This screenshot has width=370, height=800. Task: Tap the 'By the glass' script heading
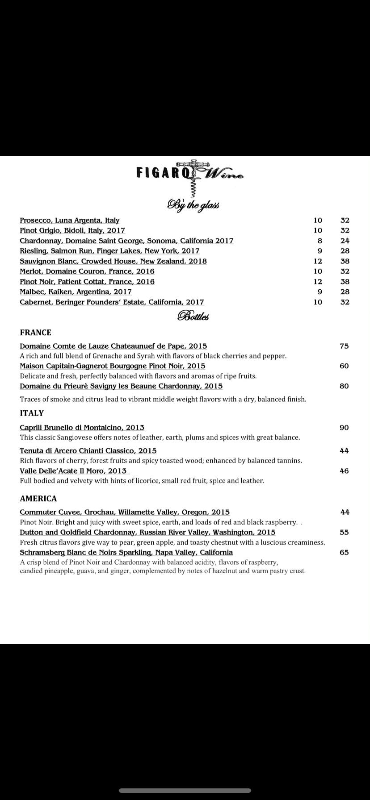click(193, 205)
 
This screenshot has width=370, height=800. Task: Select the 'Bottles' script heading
click(193, 317)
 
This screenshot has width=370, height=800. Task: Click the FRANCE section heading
click(36, 333)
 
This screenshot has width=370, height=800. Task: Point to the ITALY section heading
click(32, 413)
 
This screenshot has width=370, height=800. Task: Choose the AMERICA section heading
click(38, 499)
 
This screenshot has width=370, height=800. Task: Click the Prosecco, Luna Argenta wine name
click(70, 220)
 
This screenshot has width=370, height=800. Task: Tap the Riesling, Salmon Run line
click(109, 251)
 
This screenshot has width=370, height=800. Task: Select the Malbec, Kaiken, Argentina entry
click(76, 292)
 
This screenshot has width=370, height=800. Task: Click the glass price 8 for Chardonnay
click(320, 241)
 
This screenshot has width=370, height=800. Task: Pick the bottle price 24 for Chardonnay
click(345, 241)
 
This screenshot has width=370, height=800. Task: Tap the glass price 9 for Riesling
click(320, 251)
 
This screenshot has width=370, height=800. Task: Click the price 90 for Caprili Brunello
click(344, 428)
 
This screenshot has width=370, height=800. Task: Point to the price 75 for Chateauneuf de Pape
click(344, 346)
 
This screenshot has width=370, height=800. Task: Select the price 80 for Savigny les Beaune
click(344, 386)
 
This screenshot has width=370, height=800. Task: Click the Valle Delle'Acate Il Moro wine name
click(73, 471)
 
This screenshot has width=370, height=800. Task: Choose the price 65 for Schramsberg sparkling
click(344, 553)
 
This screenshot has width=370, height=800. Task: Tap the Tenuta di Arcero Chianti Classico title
click(88, 451)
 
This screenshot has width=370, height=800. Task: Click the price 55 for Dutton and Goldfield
click(344, 533)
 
